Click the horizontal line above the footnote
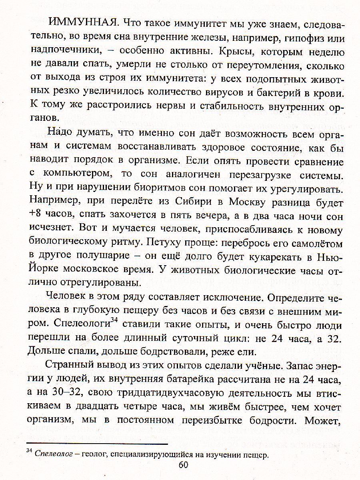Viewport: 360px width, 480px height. (96, 444)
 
